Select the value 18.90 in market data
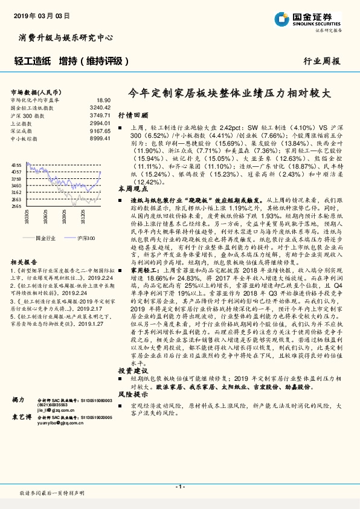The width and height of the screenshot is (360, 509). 103,100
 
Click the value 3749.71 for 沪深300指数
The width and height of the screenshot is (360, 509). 100,114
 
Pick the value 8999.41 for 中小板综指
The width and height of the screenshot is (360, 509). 100,138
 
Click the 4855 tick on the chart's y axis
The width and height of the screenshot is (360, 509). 17,164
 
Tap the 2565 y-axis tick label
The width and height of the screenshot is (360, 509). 17,206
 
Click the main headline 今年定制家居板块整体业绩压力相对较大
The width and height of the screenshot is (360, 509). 231,95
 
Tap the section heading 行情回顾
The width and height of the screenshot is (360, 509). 132,114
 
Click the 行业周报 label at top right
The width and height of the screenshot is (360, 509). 321,61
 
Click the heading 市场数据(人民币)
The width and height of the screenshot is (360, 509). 34,92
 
